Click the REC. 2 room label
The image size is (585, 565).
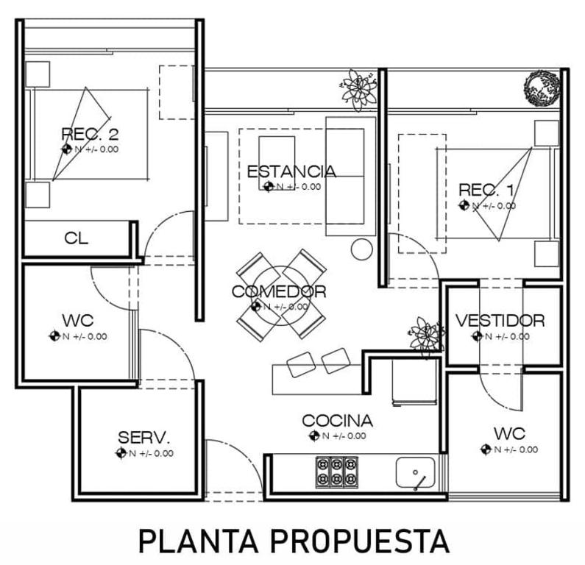90,133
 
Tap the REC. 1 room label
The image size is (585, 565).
486,190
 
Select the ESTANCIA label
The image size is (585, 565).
291,171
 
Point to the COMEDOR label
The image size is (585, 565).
279,291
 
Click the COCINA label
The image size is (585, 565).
338,421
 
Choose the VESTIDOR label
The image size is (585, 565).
500,321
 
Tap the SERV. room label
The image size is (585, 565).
144,438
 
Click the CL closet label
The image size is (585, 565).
77,238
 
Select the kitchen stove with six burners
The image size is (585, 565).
337,472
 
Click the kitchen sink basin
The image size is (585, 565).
415,472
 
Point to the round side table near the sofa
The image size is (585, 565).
362,249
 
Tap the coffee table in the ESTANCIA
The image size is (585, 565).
277,163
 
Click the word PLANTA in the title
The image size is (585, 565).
199,541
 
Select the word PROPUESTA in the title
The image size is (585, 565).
360,541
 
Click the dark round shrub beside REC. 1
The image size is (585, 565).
543,89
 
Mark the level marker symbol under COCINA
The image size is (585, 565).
314,436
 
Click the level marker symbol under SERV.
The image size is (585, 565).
121,453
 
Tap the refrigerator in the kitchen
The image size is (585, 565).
414,381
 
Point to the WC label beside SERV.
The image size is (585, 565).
78,320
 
